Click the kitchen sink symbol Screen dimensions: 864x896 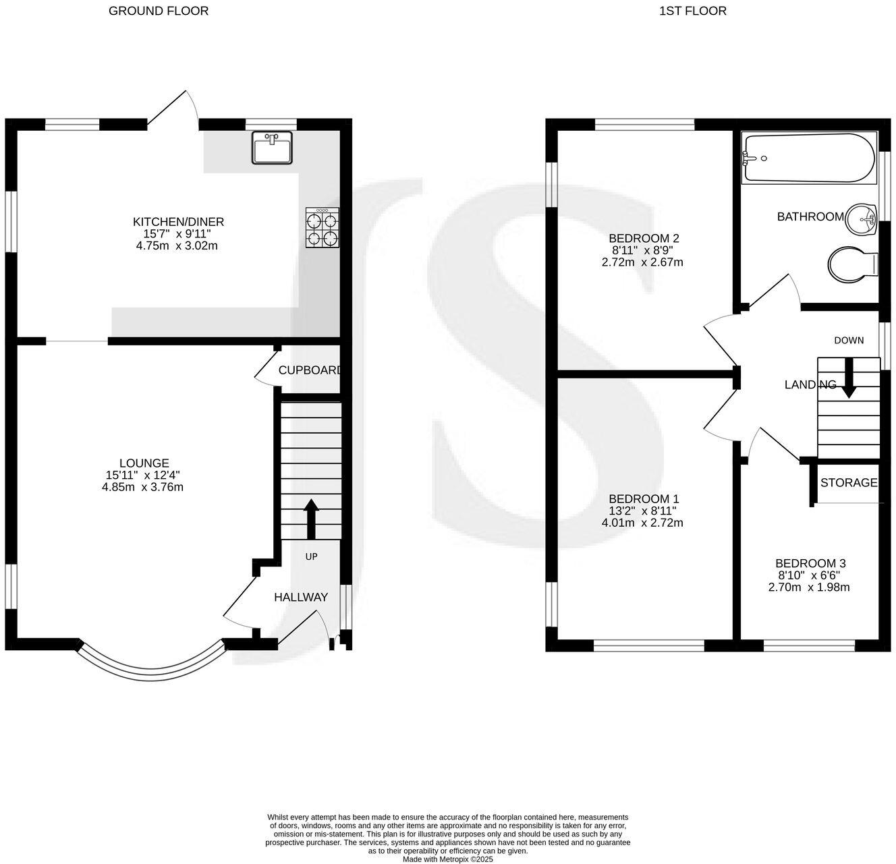click(x=272, y=148)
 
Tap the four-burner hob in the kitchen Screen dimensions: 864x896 click(x=323, y=228)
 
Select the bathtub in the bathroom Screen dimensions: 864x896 click(x=808, y=158)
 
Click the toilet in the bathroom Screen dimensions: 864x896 click(x=851, y=264)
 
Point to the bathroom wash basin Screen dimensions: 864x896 click(x=861, y=219)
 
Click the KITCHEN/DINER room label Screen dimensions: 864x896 click(x=178, y=222)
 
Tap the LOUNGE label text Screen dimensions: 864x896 click(x=144, y=463)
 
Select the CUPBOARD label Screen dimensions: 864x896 click(x=310, y=370)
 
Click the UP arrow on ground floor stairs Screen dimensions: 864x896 click(x=311, y=518)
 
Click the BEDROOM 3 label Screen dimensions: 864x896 click(x=810, y=563)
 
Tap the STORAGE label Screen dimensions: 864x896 click(x=849, y=483)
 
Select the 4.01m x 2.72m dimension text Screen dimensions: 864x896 click(x=642, y=523)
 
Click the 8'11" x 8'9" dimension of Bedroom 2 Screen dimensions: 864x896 click(x=642, y=250)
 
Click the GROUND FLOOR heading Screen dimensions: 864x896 click(x=159, y=11)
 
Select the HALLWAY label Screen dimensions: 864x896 click(x=301, y=597)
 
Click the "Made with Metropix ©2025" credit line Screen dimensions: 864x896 click(x=448, y=859)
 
